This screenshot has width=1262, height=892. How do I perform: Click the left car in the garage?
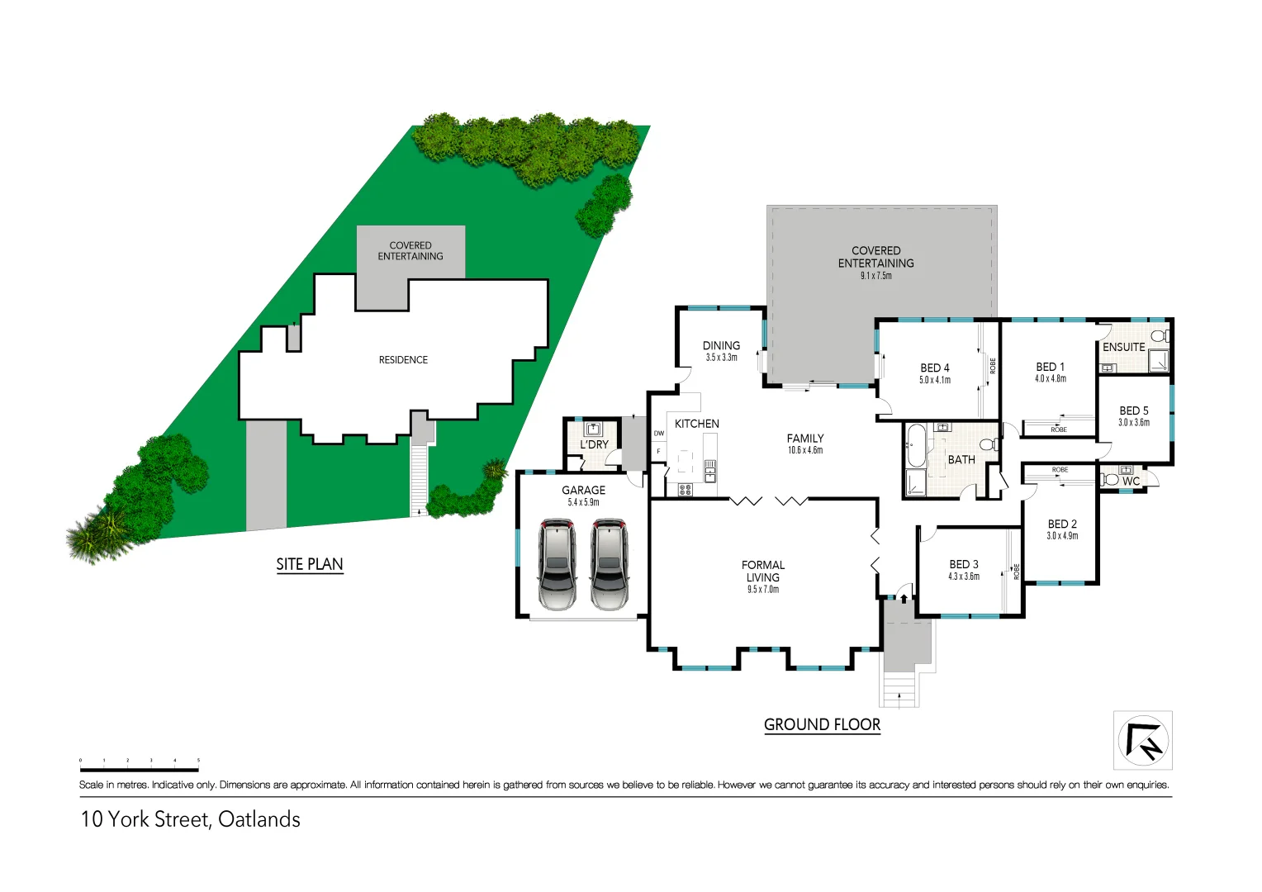(557, 564)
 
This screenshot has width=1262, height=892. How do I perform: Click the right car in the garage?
(610, 564)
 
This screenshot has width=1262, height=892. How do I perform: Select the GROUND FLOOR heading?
(822, 724)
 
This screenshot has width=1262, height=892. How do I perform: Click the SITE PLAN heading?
(310, 564)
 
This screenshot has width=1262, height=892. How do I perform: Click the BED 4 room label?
(935, 368)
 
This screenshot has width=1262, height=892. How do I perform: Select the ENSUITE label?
(1123, 347)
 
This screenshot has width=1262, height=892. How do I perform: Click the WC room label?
(1131, 481)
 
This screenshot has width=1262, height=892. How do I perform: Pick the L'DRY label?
(594, 444)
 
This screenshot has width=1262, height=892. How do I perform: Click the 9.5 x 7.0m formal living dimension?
(762, 590)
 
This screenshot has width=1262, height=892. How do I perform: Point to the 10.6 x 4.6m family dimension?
(804, 450)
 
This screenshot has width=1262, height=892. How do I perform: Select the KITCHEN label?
(696, 424)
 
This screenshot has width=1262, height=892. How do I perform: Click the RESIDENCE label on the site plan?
(403, 360)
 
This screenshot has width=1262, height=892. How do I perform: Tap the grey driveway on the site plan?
(266, 474)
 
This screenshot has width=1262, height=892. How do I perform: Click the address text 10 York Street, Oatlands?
(191, 819)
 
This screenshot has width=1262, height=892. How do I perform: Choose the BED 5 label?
(1133, 410)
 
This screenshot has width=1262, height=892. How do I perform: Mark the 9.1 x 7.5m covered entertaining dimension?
(875, 276)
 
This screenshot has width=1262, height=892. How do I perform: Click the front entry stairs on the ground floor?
(899, 690)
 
